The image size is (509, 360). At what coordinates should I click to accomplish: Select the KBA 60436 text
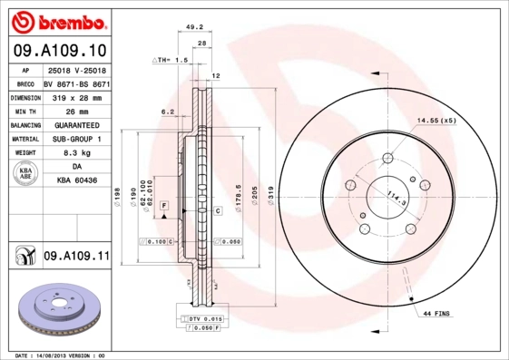tap(76, 181)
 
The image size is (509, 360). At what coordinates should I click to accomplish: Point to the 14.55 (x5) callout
tap(436, 121)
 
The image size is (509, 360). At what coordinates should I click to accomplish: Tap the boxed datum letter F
tap(164, 208)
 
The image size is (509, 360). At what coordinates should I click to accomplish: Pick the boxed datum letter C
tap(219, 211)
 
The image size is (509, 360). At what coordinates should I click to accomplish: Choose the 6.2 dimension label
tap(167, 112)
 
